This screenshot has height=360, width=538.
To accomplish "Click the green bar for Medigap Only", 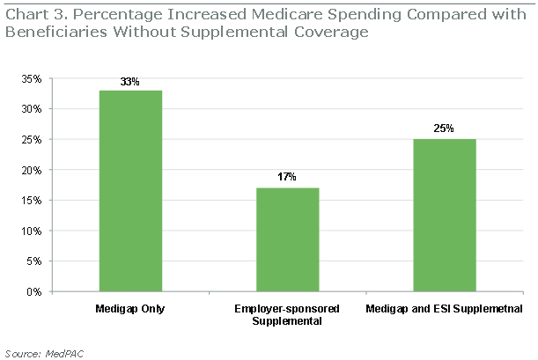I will [129, 190].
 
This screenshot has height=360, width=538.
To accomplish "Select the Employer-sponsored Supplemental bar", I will [287, 239].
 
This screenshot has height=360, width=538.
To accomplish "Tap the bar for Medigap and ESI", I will [444, 215].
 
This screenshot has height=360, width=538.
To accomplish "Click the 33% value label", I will [129, 82].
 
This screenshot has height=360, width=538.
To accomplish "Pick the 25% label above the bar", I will [444, 129].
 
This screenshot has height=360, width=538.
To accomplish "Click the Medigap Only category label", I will [129, 309].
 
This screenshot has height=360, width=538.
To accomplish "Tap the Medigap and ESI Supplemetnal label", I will [444, 309].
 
